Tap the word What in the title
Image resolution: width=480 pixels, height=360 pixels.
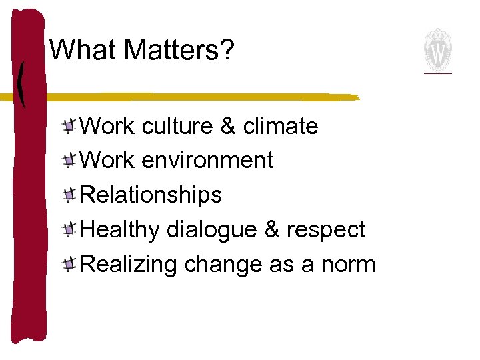pyautogui.click(x=84, y=50)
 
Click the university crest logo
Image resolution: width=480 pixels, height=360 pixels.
pyautogui.click(x=438, y=51)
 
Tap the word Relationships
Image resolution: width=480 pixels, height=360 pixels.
pyautogui.click(x=151, y=195)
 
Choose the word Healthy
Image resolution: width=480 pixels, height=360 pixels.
pyautogui.click(x=120, y=231)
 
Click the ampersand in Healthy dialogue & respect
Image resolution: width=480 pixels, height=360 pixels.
pyautogui.click(x=272, y=230)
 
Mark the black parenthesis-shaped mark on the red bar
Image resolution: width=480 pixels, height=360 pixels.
pyautogui.click(x=22, y=83)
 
